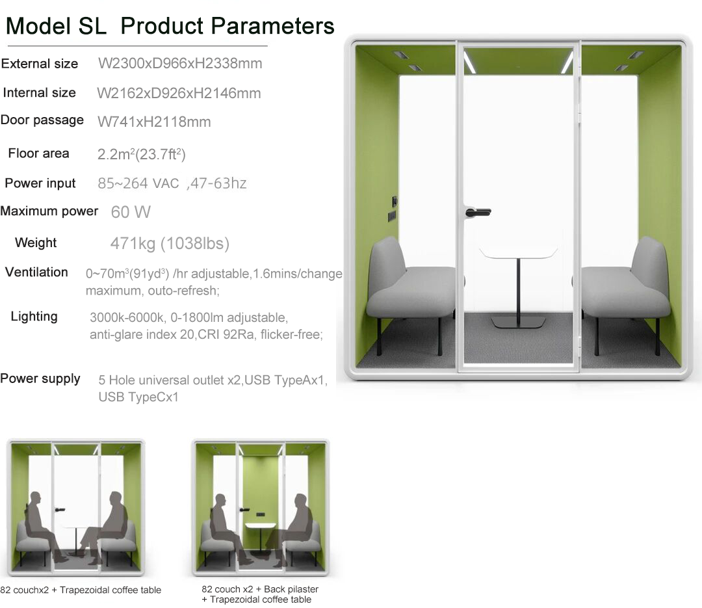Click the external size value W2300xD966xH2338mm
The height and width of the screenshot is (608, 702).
coord(180,64)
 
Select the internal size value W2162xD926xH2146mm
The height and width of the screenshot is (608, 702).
coord(179,93)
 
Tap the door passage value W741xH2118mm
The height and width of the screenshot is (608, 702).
coord(154,122)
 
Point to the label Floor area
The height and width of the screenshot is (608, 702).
coord(38,153)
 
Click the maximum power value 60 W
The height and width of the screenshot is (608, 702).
coord(131,212)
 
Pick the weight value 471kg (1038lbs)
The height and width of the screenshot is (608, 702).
coord(170,243)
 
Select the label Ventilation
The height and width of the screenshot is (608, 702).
coord(36,272)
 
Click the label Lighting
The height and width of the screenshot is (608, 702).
coord(34,317)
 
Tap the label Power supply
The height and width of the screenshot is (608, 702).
coord(40,378)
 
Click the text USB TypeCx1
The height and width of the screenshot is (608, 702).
coord(138,397)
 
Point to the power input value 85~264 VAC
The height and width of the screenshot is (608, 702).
coord(138,183)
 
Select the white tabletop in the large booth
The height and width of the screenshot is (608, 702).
coord(519,253)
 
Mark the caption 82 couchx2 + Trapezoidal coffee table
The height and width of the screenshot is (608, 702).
coord(81,590)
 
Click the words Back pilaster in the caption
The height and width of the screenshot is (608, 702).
coord(291,589)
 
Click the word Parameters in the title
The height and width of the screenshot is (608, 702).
coord(272,26)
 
